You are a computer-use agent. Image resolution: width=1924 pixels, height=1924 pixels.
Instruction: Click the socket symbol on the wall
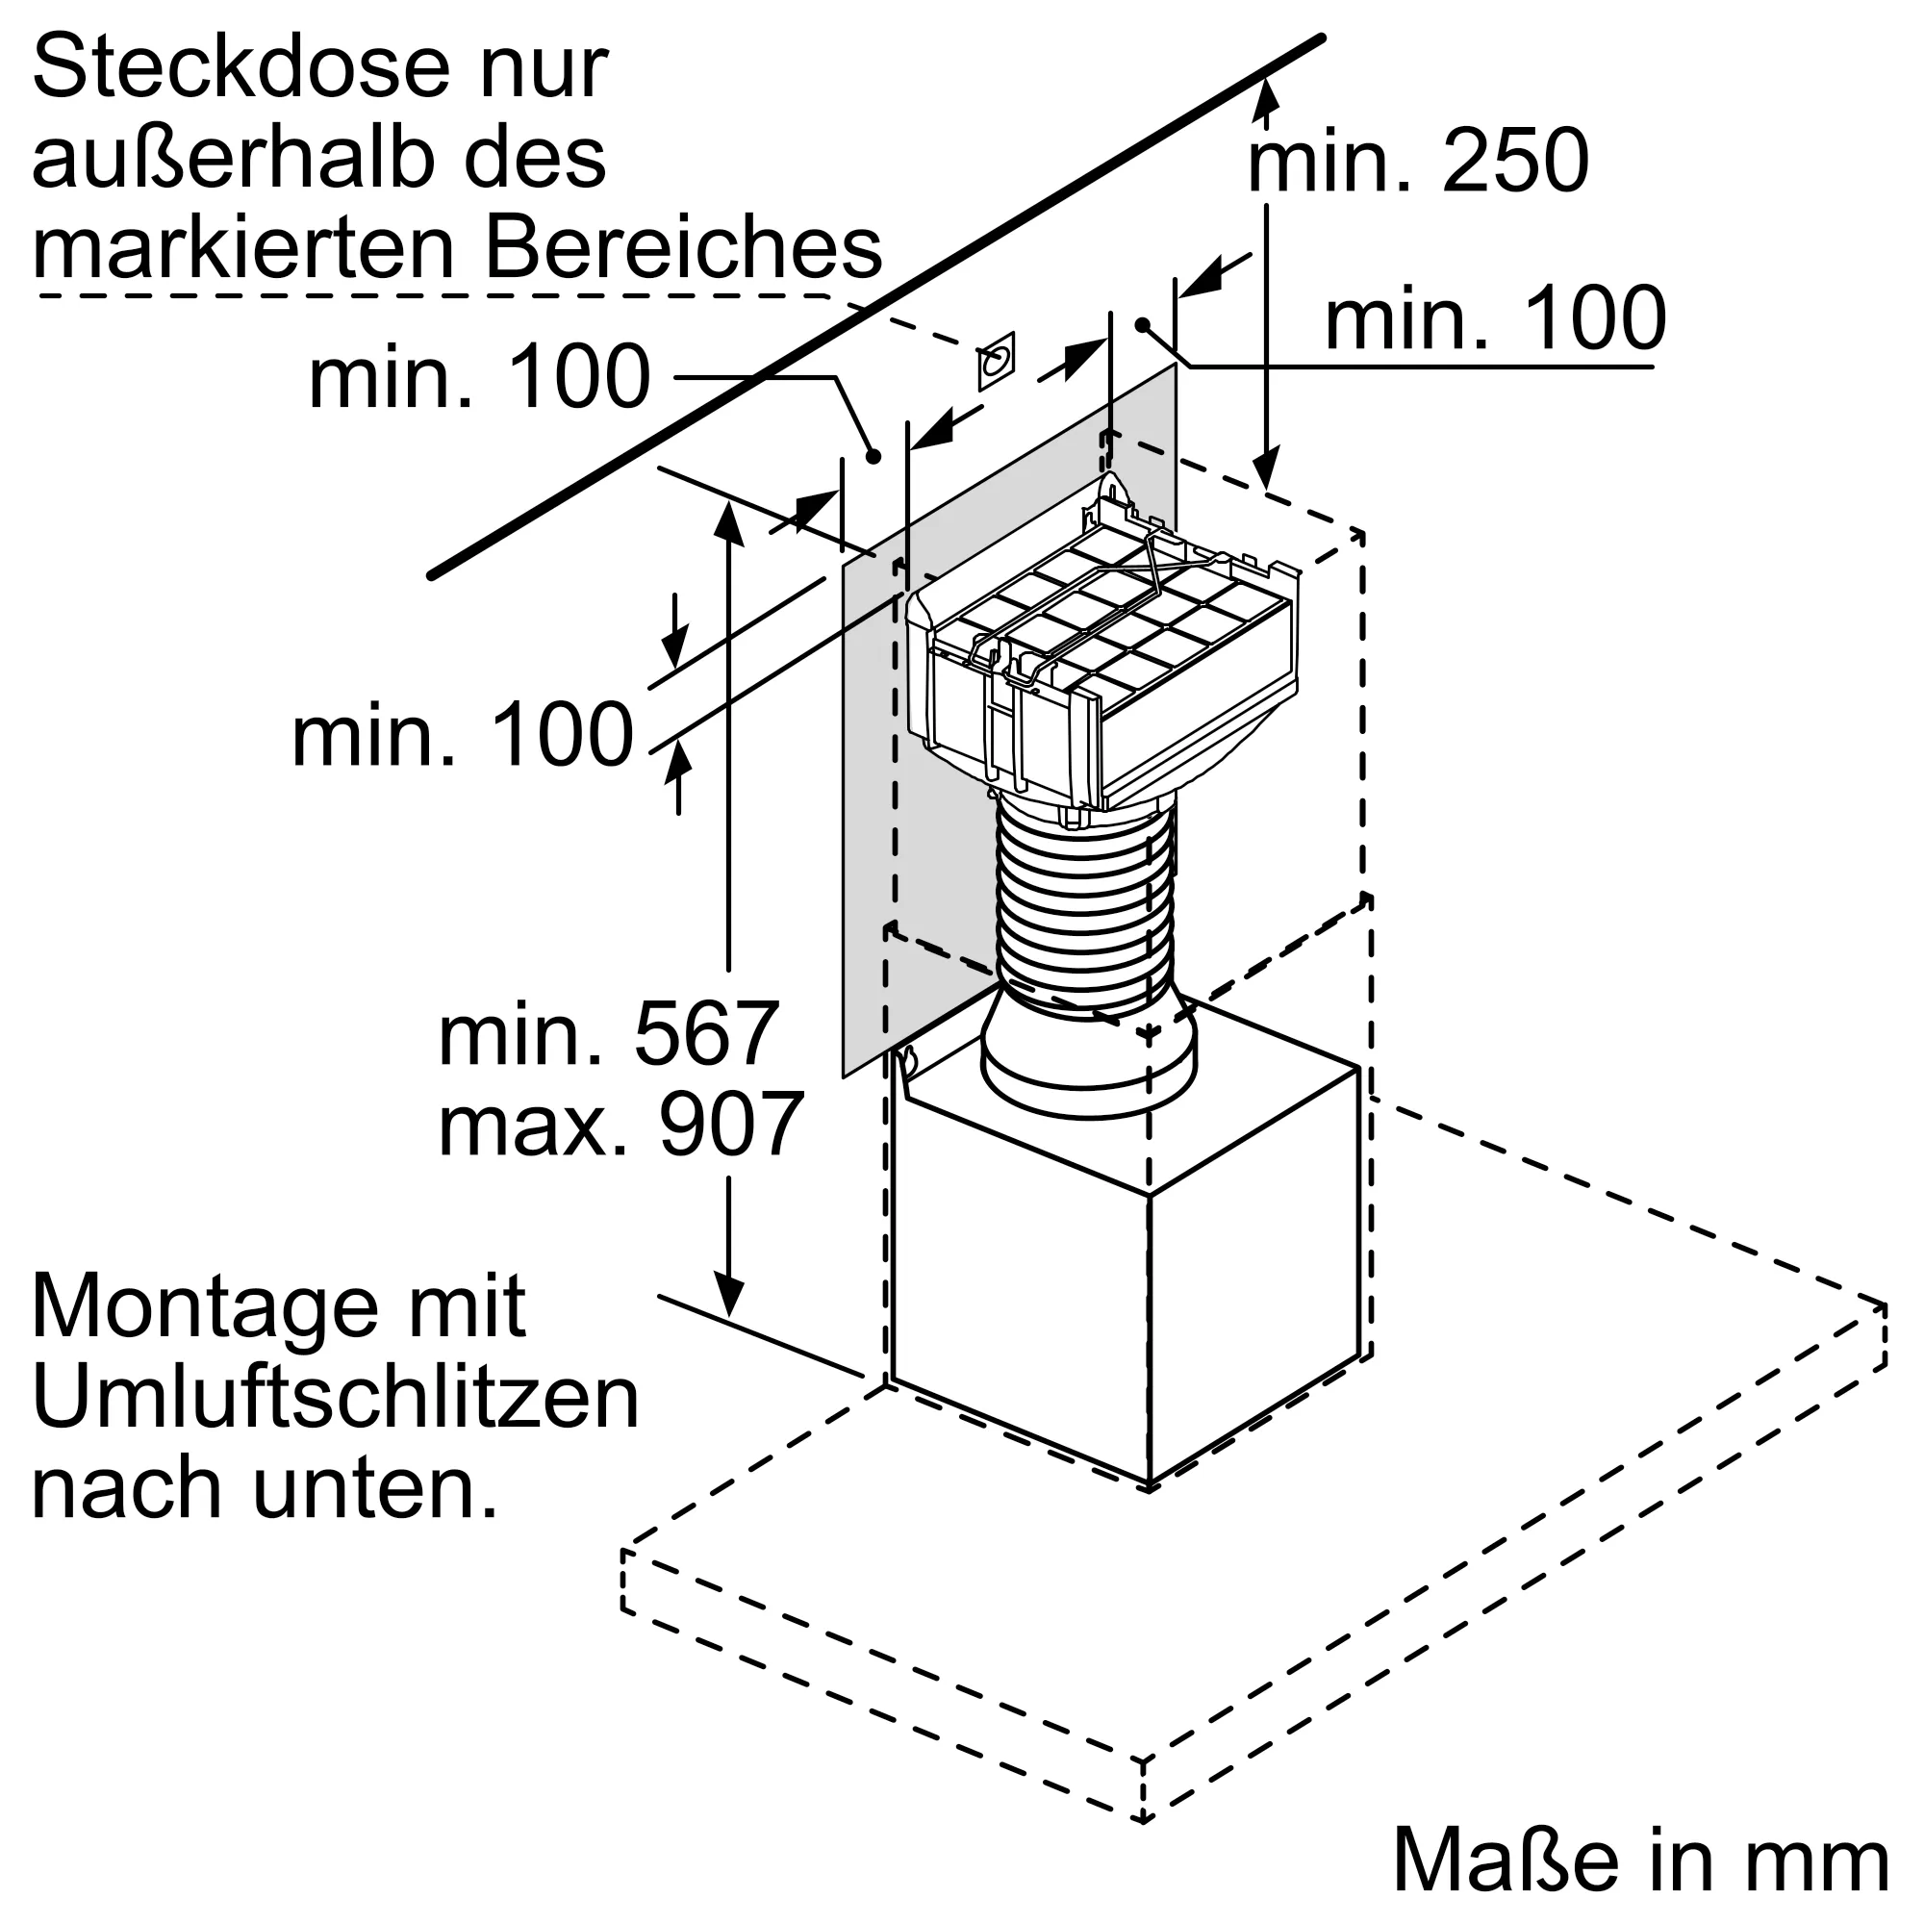coord(995,361)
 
